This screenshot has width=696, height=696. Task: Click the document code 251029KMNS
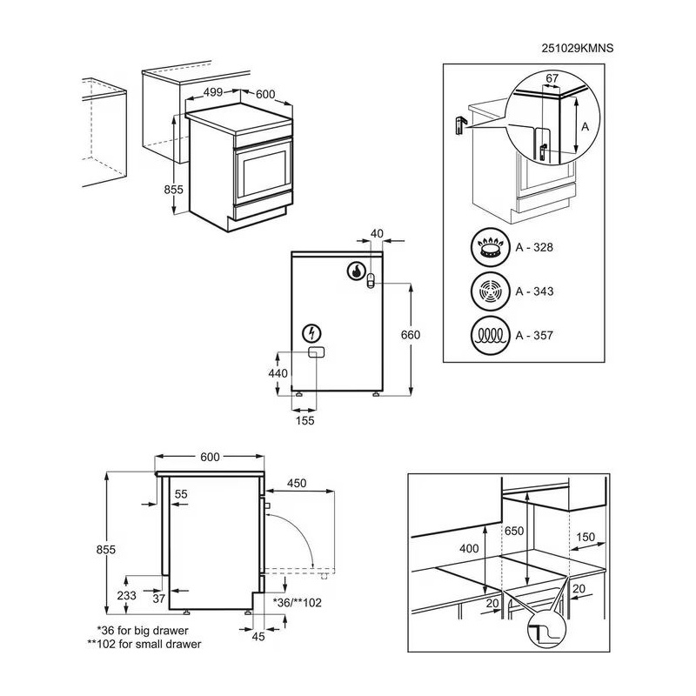pyautogui.click(x=578, y=50)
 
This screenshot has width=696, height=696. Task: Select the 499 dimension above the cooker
pyautogui.click(x=214, y=93)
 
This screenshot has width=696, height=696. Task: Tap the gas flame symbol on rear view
pyautogui.click(x=356, y=271)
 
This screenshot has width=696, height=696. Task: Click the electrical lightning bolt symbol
pyautogui.click(x=311, y=332)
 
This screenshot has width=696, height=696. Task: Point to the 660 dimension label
pyautogui.click(x=410, y=335)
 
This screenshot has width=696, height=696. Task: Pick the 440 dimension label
pyautogui.click(x=278, y=372)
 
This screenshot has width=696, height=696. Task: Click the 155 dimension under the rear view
pyautogui.click(x=304, y=420)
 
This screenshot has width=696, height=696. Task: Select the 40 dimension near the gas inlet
pyautogui.click(x=376, y=232)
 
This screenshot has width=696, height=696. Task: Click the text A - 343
pyautogui.click(x=534, y=291)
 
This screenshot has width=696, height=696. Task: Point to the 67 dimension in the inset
pyautogui.click(x=552, y=79)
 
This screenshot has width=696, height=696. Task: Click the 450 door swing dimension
pyautogui.click(x=298, y=484)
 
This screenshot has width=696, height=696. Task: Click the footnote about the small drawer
pyautogui.click(x=144, y=645)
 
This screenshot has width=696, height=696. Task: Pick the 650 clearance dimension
pyautogui.click(x=513, y=531)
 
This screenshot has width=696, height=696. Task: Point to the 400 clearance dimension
pyautogui.click(x=471, y=548)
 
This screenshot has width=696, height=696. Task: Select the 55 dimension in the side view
pyautogui.click(x=181, y=494)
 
